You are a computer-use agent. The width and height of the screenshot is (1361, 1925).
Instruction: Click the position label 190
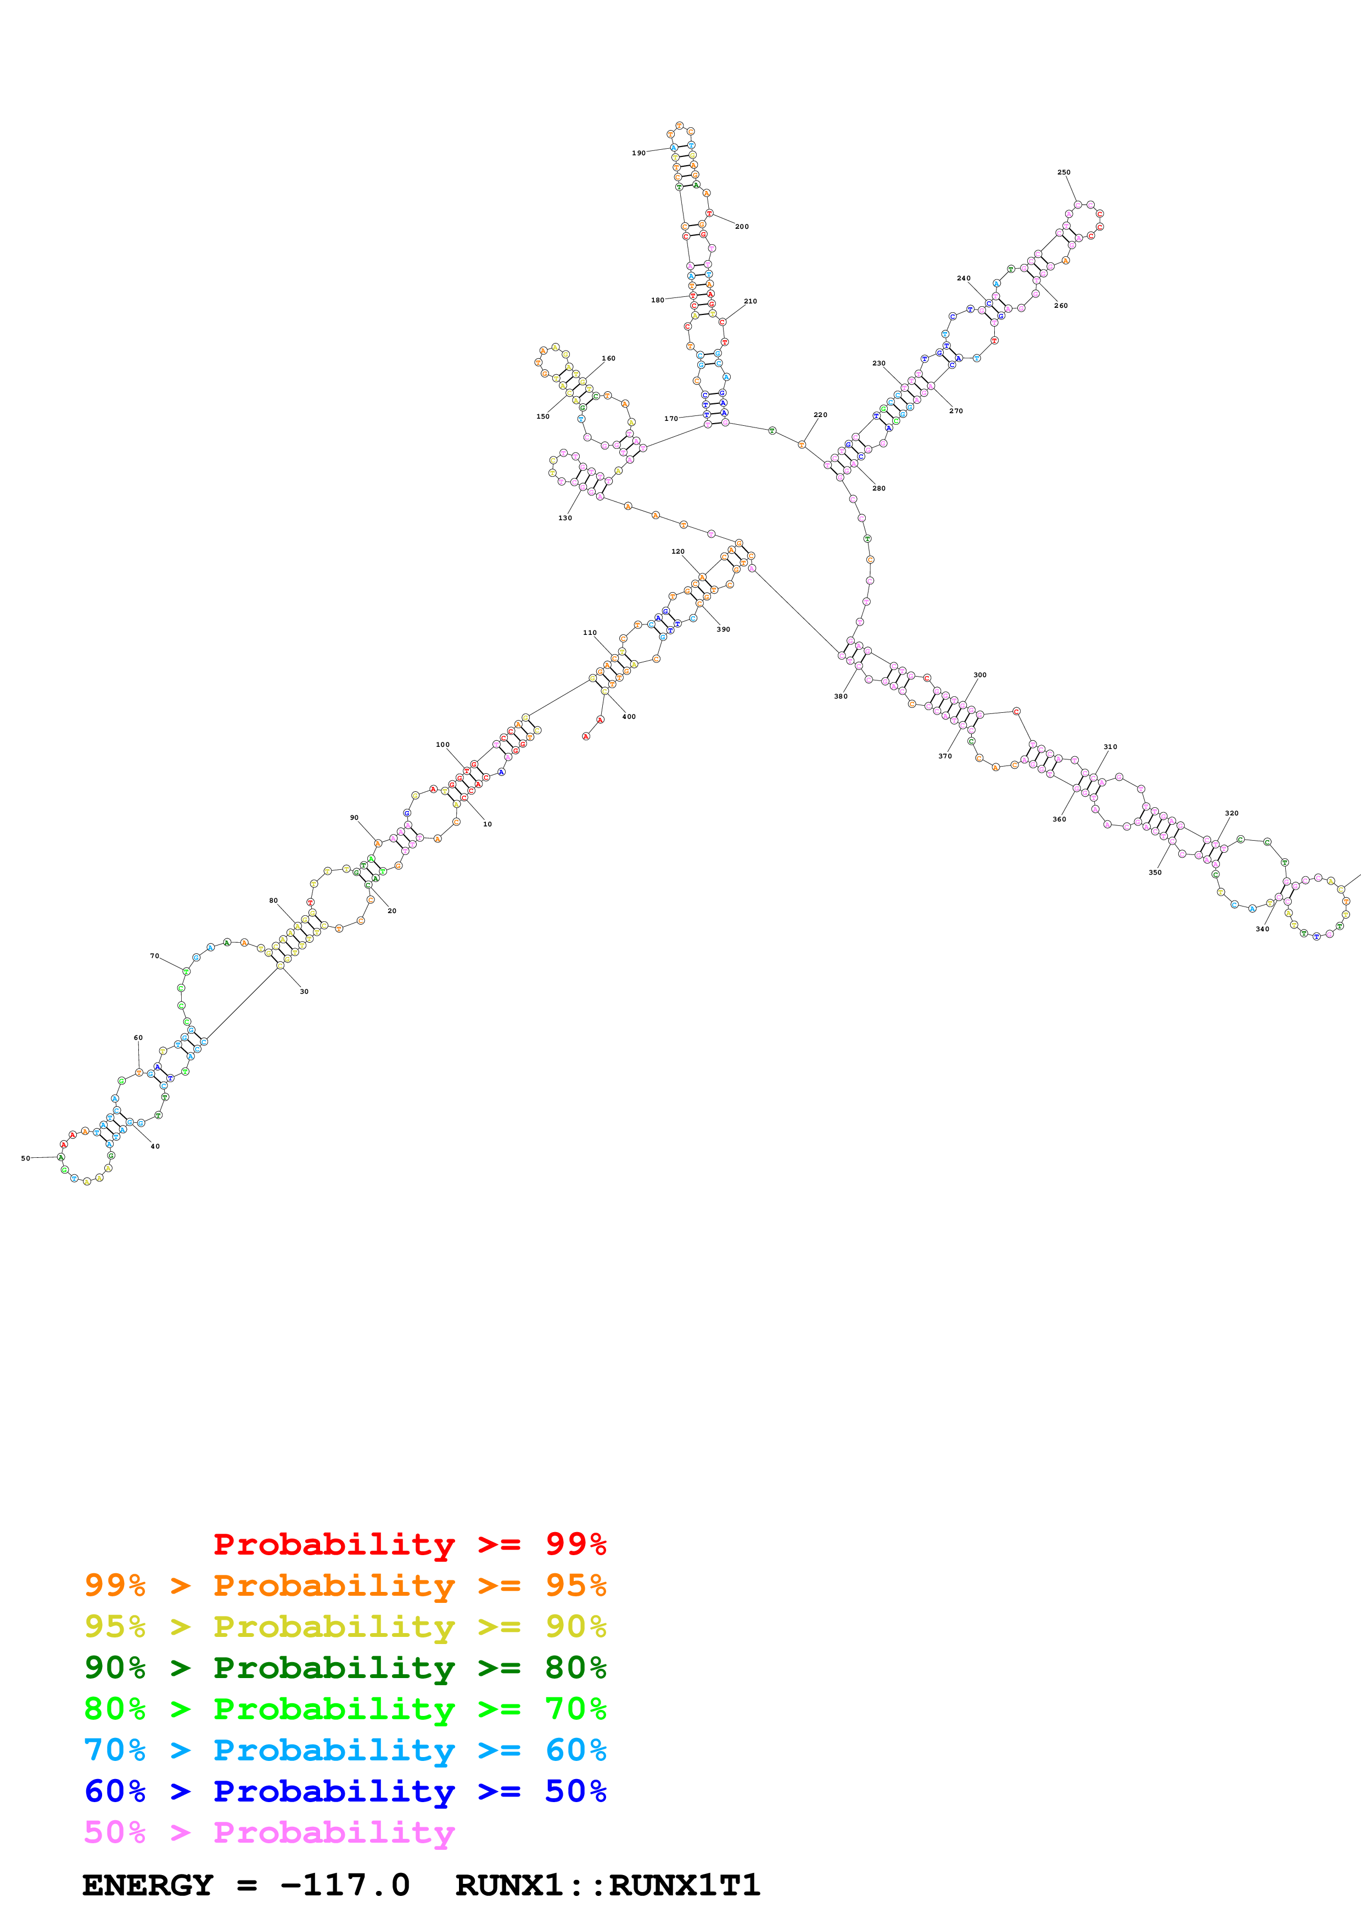coord(638,154)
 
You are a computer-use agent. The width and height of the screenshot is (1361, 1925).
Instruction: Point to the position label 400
coord(629,717)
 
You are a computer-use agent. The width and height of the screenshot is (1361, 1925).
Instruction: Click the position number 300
coord(979,675)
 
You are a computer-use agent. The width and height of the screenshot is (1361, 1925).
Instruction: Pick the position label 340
coord(1262,929)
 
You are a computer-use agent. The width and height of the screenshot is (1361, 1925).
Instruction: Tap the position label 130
coord(565,518)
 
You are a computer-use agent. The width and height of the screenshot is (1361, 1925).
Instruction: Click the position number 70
coord(154,956)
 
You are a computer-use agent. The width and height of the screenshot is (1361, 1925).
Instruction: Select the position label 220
coord(820,415)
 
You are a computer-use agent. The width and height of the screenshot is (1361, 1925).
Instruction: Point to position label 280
coord(879,488)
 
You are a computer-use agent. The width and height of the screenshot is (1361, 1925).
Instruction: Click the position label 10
coord(487,824)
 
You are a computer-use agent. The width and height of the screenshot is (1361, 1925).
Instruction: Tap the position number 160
coord(608,359)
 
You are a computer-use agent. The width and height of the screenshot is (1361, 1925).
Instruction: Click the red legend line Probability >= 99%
coord(409,1544)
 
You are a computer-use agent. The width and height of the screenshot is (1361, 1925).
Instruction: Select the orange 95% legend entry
coord(345,1585)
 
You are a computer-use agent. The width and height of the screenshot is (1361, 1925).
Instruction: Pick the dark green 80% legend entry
coord(345,1668)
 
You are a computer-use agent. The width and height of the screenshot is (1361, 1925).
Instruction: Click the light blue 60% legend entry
coord(345,1750)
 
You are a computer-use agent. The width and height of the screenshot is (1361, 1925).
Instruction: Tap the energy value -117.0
coord(345,1885)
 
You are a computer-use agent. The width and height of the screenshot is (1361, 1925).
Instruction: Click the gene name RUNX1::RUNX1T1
coord(607,1885)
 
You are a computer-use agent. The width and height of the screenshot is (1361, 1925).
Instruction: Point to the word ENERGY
coord(148,1885)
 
